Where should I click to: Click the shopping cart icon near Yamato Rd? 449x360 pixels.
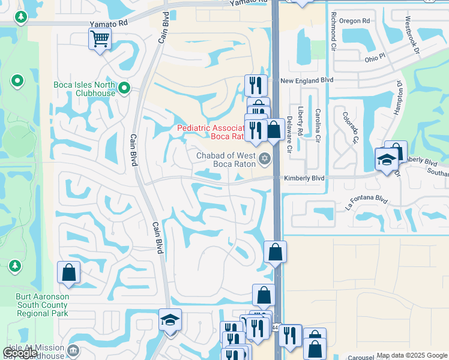tap(100, 40)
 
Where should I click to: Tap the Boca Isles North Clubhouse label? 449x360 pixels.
tap(84, 89)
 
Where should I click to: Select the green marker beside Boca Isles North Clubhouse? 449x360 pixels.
tap(124, 88)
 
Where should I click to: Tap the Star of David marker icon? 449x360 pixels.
tap(264, 159)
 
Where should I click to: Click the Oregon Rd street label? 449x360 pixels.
tap(354, 20)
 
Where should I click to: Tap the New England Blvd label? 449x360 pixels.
tap(307, 80)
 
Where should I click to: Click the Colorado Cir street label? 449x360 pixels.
tap(350, 127)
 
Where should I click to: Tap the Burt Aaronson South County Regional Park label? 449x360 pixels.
tap(42, 305)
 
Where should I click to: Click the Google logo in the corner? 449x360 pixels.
tap(20, 353)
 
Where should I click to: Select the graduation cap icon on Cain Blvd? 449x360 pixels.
tap(170, 320)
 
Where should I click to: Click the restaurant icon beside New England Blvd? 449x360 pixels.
tap(256, 85)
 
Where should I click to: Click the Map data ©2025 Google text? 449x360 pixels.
tap(412, 355)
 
